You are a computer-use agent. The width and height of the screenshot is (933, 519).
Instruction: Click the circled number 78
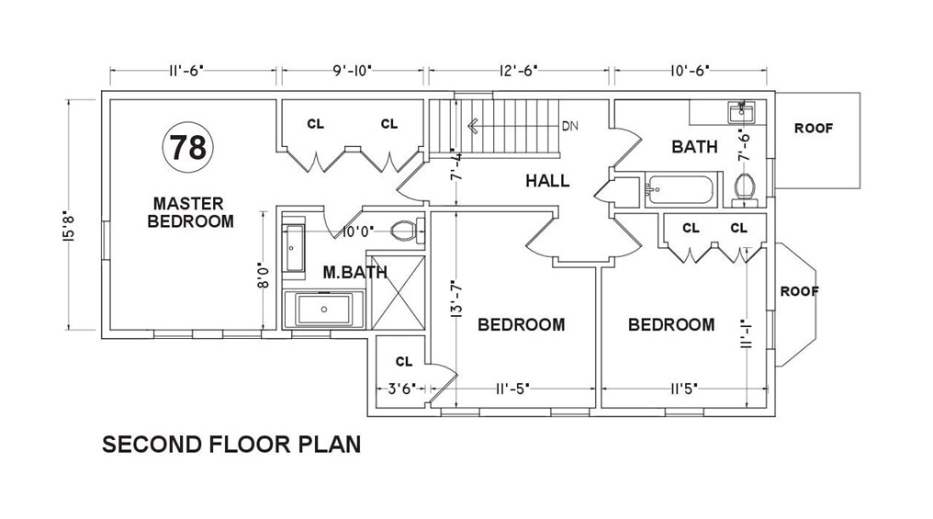pyautogui.click(x=188, y=147)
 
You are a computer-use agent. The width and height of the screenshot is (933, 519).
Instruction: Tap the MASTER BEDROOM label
pyautogui.click(x=190, y=212)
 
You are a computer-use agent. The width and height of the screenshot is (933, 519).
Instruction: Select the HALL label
pyautogui.click(x=547, y=180)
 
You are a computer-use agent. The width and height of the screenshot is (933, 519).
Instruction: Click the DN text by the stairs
pyautogui.click(x=570, y=126)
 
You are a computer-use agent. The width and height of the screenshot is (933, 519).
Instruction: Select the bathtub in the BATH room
pyautogui.click(x=679, y=189)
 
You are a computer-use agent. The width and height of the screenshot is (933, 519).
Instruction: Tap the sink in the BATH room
pyautogui.click(x=741, y=112)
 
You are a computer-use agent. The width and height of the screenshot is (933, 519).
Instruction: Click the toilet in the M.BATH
pyautogui.click(x=408, y=231)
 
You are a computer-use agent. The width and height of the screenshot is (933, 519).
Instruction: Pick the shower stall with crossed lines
pyautogui.click(x=398, y=292)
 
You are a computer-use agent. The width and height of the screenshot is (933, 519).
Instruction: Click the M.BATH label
pyautogui.click(x=355, y=273)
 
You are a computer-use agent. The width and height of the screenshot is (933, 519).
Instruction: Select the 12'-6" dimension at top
pyautogui.click(x=518, y=71)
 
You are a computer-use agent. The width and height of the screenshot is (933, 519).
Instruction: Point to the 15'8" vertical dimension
pyautogui.click(x=69, y=227)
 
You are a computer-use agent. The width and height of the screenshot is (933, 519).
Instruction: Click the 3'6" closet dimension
pyautogui.click(x=401, y=389)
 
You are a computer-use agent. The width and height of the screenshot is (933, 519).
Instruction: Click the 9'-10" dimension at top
pyautogui.click(x=353, y=71)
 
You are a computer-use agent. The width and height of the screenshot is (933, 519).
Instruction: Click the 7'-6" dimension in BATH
pyautogui.click(x=743, y=147)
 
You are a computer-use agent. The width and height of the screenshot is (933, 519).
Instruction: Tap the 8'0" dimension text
pyautogui.click(x=263, y=276)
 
